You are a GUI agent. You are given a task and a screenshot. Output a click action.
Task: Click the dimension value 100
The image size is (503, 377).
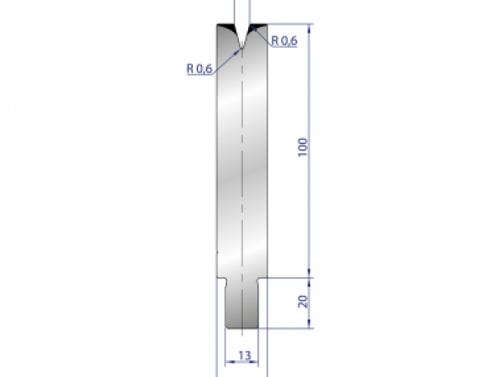[303, 146]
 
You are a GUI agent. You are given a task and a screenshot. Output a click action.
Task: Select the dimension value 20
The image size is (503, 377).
[303, 300]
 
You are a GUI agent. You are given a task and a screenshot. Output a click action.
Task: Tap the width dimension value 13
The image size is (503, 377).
[243, 355]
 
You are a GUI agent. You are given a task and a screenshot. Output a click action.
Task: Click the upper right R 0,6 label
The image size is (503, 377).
[283, 39]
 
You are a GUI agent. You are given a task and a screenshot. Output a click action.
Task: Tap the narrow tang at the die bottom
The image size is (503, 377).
[243, 302]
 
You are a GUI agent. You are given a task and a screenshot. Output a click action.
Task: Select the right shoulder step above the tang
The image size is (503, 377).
[263, 277]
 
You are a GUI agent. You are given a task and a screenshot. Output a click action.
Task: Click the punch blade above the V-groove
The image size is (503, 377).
[241, 13]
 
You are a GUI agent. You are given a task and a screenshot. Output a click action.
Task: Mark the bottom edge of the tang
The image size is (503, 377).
[243, 328]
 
